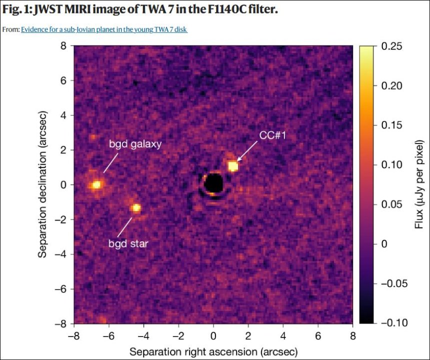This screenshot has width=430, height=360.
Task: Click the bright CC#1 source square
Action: pos(232,166)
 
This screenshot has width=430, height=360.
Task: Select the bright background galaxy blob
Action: pos(96,185)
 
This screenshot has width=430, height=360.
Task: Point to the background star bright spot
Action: pos(135,208)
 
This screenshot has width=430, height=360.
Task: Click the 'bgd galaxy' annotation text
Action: pos(135,144)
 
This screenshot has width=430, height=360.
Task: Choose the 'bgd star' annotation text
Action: pos(128,244)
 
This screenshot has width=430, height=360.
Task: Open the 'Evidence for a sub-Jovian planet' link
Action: pos(104,30)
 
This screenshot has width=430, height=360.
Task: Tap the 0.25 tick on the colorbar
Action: pos(391,46)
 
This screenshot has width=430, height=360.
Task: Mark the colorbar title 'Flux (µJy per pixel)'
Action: pos(418,185)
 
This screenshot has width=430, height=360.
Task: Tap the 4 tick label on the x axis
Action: pos(283,335)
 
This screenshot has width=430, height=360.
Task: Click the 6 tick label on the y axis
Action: pos(63,80)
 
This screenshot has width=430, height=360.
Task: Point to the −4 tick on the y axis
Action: pos(61,254)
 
